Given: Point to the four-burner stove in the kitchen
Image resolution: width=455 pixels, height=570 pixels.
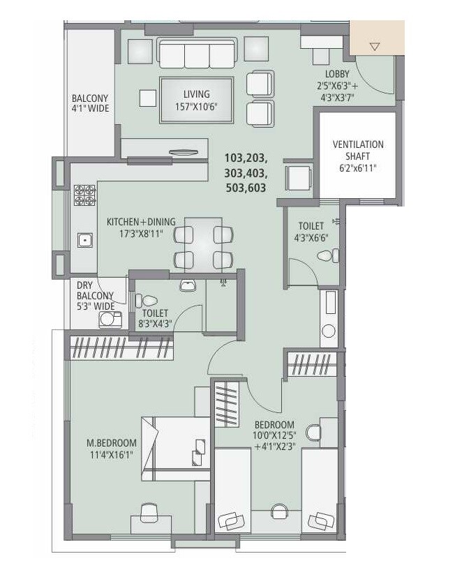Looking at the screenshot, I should (x=84, y=195).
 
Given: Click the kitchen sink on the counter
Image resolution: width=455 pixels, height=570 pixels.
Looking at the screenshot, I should (x=84, y=241).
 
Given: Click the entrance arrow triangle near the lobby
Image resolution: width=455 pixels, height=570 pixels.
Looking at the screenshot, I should (x=375, y=47).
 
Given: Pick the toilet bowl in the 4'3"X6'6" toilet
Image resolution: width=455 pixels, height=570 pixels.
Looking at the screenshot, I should (x=325, y=256).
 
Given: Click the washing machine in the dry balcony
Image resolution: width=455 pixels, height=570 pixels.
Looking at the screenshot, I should (x=109, y=319).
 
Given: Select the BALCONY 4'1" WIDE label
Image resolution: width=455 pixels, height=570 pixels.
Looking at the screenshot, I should (x=90, y=103).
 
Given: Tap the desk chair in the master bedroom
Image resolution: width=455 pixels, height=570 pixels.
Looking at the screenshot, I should (x=149, y=513).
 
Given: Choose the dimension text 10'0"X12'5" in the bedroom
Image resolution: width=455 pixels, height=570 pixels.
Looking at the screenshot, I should (x=274, y=436).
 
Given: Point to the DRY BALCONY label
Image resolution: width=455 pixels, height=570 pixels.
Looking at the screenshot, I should (x=95, y=295).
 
